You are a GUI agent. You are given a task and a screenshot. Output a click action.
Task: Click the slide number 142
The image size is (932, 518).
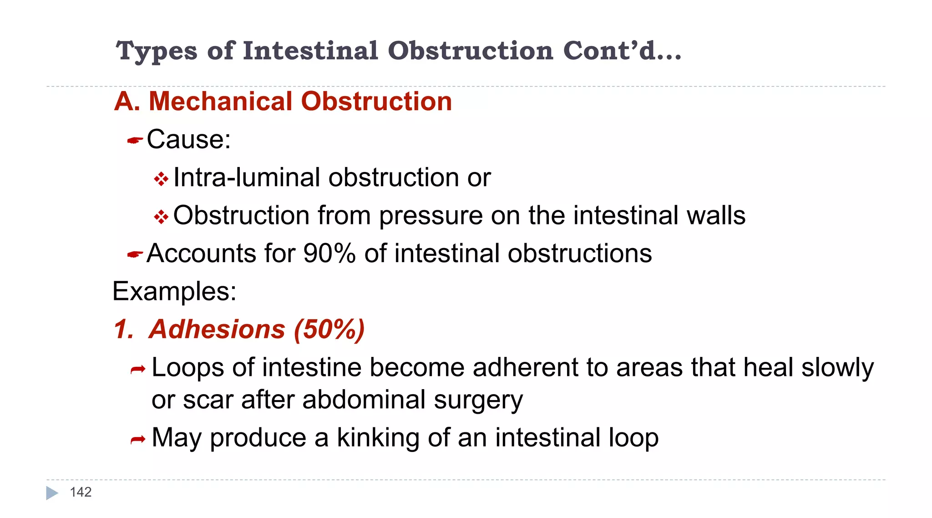coord(81,492)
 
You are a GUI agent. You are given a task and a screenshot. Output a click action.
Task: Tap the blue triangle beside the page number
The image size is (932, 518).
coord(52,493)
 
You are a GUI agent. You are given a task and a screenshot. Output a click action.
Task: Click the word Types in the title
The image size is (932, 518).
coord(157,51)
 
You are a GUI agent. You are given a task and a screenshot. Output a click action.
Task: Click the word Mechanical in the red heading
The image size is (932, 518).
coord(221,101)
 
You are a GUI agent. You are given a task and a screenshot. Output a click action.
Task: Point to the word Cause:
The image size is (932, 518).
coord(188,139)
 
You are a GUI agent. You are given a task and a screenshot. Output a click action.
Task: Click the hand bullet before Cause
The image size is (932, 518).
coord(135,141)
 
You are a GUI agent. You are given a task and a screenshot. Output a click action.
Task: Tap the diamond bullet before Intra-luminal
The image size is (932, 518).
coord(161,179)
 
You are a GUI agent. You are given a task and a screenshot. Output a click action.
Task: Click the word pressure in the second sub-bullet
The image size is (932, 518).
coord(431,215)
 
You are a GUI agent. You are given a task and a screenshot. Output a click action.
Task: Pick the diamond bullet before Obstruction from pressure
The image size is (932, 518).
coord(161,217)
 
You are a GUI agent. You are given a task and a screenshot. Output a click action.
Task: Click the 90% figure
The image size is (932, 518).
coord(329,253)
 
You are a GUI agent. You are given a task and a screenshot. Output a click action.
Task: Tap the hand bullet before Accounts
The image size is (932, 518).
coord(135,254)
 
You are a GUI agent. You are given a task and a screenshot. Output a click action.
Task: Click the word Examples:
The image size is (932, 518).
coord(174,291)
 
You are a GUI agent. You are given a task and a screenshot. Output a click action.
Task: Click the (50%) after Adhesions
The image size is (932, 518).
coord(329,329)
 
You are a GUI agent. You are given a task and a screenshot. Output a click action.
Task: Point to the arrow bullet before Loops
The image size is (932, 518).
coord(137,370)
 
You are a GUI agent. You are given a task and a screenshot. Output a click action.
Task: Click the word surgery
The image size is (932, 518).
coord(478,400)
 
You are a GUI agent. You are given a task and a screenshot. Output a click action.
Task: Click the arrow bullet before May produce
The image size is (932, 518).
coord(137,440)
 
